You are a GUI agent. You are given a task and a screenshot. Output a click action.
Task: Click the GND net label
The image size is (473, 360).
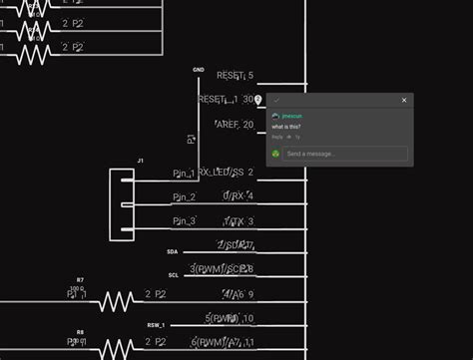(199, 70)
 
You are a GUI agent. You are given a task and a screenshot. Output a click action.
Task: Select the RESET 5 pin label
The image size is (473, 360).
(236, 76)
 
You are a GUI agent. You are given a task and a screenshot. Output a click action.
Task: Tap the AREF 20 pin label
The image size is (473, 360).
(236, 125)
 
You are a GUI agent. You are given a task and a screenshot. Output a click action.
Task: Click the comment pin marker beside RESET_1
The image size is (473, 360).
(258, 100)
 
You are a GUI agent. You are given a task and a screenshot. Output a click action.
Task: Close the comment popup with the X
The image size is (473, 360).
(404, 100)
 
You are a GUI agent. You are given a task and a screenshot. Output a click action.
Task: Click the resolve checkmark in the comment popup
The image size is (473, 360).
(276, 100)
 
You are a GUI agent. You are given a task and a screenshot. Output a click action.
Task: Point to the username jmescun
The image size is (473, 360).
(291, 117)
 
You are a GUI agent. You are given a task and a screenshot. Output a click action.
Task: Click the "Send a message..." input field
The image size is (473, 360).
(345, 154)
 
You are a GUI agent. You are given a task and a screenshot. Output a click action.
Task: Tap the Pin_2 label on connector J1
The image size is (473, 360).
(185, 197)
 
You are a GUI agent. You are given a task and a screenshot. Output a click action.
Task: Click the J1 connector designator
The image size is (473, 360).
(141, 161)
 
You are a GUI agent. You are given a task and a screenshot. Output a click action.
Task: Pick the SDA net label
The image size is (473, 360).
(173, 252)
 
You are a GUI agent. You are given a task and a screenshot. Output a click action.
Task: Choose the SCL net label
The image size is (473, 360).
(173, 275)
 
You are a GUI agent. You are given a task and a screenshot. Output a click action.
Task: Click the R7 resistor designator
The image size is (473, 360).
(80, 280)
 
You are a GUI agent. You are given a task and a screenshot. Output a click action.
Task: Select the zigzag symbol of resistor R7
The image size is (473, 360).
(116, 300)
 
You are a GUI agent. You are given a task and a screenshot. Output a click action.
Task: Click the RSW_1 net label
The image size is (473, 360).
(157, 325)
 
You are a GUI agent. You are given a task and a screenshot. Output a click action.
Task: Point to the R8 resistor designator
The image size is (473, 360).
(80, 331)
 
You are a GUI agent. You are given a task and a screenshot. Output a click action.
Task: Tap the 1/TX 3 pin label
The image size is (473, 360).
(238, 221)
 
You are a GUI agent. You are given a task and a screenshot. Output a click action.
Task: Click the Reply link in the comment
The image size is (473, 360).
(277, 137)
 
